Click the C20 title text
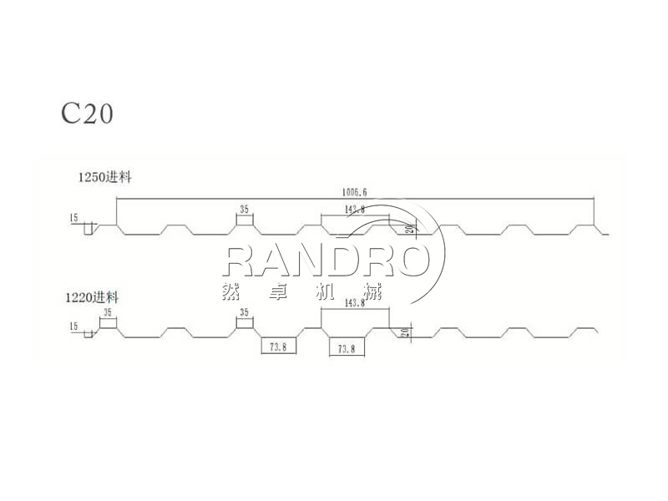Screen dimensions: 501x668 coord(87,113)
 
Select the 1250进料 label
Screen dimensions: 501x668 coord(107,177)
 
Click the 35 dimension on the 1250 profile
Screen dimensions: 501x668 coord(245,210)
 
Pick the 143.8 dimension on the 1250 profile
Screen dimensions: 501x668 coord(354,210)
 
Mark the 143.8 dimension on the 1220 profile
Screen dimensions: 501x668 coord(354,304)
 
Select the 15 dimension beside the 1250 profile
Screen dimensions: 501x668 coord(74,219)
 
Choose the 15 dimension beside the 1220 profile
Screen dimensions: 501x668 coord(74,326)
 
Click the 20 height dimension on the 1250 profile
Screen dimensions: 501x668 coord(409,230)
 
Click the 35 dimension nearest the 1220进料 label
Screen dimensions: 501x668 coord(107,312)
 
